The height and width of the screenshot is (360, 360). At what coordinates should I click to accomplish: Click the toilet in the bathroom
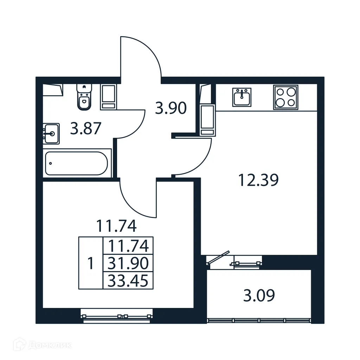pyautogui.click(x=84, y=97)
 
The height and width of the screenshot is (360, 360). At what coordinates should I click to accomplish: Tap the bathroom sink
pyautogui.click(x=51, y=133)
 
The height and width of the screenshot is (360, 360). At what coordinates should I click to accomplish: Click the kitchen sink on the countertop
pyautogui.click(x=242, y=97)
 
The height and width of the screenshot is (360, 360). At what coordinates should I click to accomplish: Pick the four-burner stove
pyautogui.click(x=285, y=97)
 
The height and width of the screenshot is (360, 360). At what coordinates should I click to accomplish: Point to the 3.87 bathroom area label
pyautogui.click(x=86, y=129)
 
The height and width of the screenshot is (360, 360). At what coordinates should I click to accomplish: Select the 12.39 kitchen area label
pyautogui.click(x=258, y=180)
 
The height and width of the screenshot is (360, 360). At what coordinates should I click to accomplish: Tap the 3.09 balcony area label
pyautogui.click(x=259, y=296)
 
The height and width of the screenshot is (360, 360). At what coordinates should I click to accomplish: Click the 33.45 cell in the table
pyautogui.click(x=128, y=281)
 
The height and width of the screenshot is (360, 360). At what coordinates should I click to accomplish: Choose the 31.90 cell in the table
pyautogui.click(x=128, y=263)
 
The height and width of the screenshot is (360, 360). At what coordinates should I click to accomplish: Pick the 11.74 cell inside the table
pyautogui.click(x=128, y=245)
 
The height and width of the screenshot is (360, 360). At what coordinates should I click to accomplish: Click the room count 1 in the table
pyautogui.click(x=90, y=263)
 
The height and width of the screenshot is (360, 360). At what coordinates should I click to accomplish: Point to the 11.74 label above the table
pyautogui.click(x=116, y=226)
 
